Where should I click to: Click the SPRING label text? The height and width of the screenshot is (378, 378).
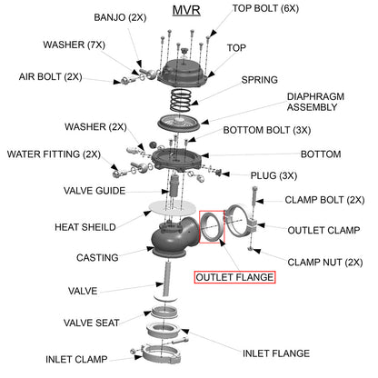[259, 80]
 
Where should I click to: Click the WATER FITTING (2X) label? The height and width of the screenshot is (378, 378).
[54, 154]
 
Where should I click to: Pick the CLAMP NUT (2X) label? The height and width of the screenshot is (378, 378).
[325, 261]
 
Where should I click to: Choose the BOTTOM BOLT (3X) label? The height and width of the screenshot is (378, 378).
[265, 130]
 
